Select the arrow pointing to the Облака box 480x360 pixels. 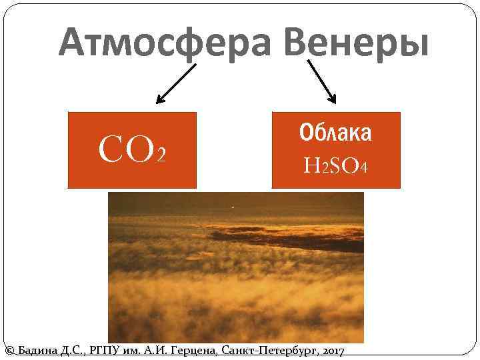click(x=321, y=81)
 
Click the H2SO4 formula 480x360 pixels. click(x=335, y=165)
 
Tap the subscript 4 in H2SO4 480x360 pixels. click(x=363, y=166)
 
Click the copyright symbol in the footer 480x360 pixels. click(x=9, y=351)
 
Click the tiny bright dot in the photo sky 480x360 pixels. click(x=232, y=207)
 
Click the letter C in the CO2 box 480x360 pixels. click(x=111, y=151)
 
